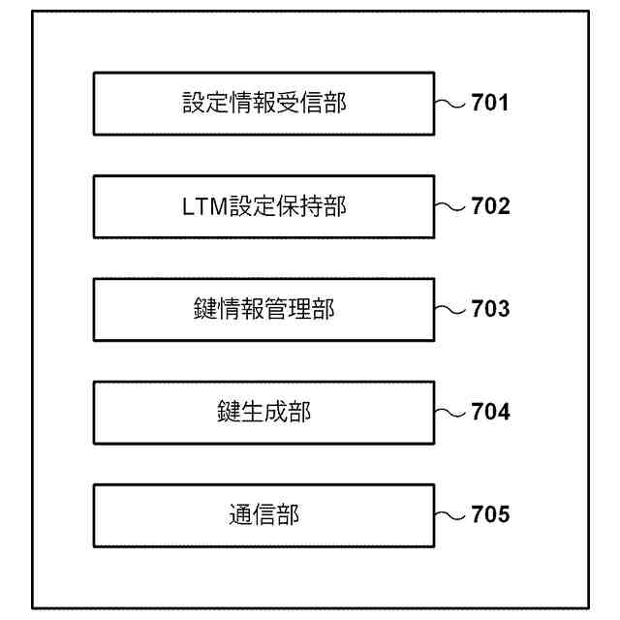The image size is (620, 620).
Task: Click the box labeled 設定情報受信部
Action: tap(263, 103)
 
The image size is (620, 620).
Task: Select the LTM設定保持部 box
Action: tap(263, 206)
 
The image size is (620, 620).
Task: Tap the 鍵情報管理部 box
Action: tap(263, 309)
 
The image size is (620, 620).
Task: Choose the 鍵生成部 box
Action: tap(263, 413)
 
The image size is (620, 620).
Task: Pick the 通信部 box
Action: tap(263, 514)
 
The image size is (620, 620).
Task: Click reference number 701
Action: tap(490, 103)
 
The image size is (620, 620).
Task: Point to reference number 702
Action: tap(490, 206)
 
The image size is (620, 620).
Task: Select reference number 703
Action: tap(490, 309)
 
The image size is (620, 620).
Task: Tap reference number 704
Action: tap(490, 413)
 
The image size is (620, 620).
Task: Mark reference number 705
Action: tap(490, 514)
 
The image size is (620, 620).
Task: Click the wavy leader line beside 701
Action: tap(451, 103)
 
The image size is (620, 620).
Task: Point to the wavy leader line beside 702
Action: tap(451, 206)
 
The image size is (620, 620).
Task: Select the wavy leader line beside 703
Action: tap(451, 309)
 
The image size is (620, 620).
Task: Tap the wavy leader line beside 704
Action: tap(451, 413)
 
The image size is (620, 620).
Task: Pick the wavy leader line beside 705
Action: tap(451, 514)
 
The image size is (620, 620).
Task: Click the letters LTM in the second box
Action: tap(205, 206)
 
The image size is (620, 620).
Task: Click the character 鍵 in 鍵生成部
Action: tap(229, 413)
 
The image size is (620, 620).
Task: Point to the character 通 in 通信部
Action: tap(240, 514)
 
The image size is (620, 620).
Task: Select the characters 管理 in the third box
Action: tap(288, 309)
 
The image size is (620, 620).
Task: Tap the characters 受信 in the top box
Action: tap(299, 103)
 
